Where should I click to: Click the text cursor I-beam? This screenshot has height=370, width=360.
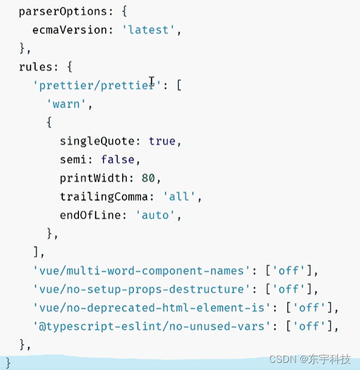click(152, 81)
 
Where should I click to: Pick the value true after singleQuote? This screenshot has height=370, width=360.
click(162, 141)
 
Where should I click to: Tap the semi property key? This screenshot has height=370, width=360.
click(73, 160)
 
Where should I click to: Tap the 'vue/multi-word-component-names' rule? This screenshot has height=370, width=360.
click(139, 270)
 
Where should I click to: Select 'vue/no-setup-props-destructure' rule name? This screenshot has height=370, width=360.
click(139, 289)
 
